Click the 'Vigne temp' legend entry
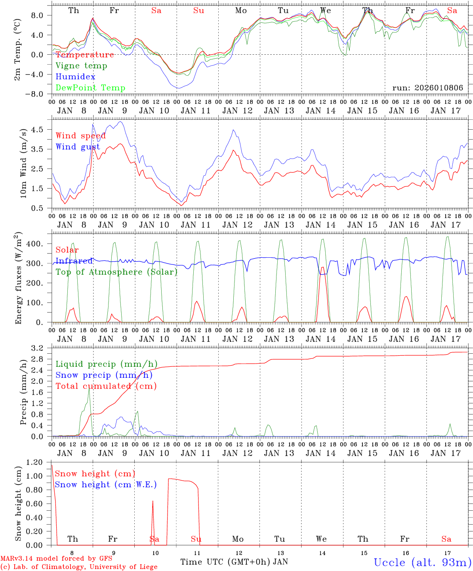click(x=81, y=66)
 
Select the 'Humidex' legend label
click(x=75, y=77)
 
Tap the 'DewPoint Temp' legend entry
click(x=90, y=88)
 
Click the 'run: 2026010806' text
click(x=427, y=88)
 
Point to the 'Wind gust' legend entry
click(x=78, y=147)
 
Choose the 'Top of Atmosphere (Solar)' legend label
click(x=116, y=272)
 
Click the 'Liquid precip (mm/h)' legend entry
click(x=106, y=364)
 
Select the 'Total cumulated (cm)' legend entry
click(x=106, y=386)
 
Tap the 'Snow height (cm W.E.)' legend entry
click(x=105, y=485)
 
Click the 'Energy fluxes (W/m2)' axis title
click(x=18, y=278)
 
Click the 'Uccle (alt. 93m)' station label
click(x=422, y=562)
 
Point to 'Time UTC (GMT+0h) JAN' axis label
click(x=234, y=562)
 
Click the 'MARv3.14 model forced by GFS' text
click(x=56, y=559)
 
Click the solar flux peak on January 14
click(x=322, y=267)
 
